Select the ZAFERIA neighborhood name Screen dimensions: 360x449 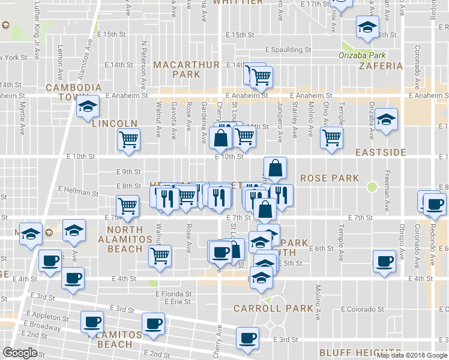point(380,66)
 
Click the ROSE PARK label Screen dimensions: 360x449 point(329,178)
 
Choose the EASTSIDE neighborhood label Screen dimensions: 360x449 point(381,152)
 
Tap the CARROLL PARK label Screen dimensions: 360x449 point(273,308)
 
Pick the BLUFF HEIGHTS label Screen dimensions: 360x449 point(360,352)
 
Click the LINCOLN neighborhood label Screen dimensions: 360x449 point(115,124)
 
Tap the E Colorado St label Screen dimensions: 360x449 point(362,310)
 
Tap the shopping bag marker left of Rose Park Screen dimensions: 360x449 point(275,168)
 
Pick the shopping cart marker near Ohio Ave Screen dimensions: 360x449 point(331,137)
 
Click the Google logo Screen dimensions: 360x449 point(20,353)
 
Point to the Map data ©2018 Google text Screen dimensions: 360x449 point(411,355)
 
